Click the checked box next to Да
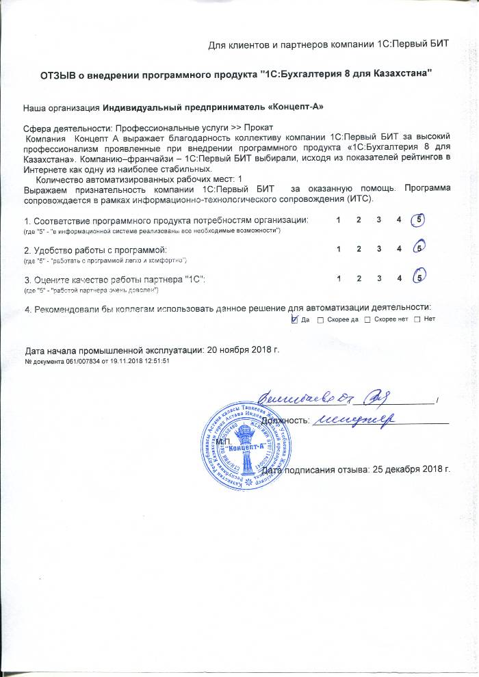tap(295, 319)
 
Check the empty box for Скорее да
tap(321, 320)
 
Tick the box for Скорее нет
tap(367, 320)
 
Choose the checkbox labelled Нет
tap(417, 320)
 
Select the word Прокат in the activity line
tap(258, 128)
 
